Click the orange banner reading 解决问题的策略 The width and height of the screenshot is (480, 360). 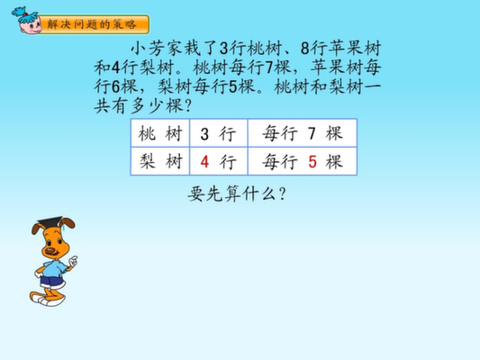pyautogui.click(x=95, y=24)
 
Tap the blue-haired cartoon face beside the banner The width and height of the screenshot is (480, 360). pyautogui.click(x=27, y=21)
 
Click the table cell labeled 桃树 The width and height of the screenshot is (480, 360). pyautogui.click(x=160, y=133)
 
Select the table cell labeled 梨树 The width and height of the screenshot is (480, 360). pyautogui.click(x=160, y=161)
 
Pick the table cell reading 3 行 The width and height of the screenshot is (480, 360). pyautogui.click(x=218, y=133)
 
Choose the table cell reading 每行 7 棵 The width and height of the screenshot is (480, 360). pyautogui.click(x=303, y=133)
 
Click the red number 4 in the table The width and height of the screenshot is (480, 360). pyautogui.click(x=204, y=162)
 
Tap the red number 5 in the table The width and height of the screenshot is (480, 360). pyautogui.click(x=312, y=162)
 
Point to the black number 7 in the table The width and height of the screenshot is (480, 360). pyautogui.click(x=312, y=134)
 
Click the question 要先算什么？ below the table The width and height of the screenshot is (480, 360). pyautogui.click(x=237, y=193)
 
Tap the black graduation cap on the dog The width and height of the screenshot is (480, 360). pyautogui.click(x=50, y=222)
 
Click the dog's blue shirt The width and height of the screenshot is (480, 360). pyautogui.click(x=55, y=269)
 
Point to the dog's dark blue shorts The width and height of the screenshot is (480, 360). pyautogui.click(x=51, y=282)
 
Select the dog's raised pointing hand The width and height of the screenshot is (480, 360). pyautogui.click(x=73, y=261)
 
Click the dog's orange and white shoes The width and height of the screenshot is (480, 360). pyautogui.click(x=48, y=299)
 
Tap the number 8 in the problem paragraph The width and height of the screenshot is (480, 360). pyautogui.click(x=305, y=49)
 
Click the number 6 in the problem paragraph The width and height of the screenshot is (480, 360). pyautogui.click(x=116, y=87)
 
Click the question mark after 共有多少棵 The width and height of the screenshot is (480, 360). pyautogui.click(x=188, y=106)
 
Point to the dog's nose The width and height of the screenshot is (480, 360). pyautogui.click(x=50, y=251)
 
